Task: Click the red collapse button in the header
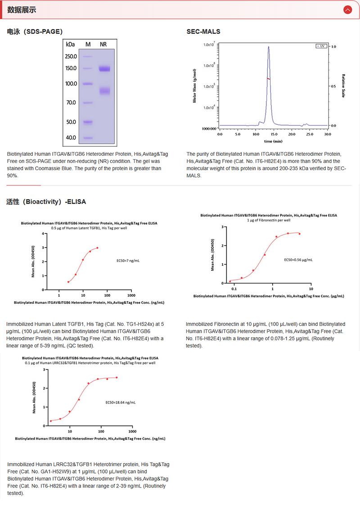point(347,9)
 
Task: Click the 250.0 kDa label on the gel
point(71,57)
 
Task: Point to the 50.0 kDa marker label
point(71,122)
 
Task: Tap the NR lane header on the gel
point(103,44)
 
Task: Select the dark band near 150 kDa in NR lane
point(104,69)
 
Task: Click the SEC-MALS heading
point(203,32)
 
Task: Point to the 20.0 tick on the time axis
point(291,134)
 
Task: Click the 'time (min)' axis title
point(273,141)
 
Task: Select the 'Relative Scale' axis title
point(343,86)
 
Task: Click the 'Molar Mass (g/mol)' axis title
point(194,86)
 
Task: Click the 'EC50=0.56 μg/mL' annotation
point(298,260)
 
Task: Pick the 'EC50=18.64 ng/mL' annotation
point(120,402)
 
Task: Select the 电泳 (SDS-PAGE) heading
point(35,32)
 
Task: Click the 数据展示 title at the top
point(22,9)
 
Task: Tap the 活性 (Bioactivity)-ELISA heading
point(46,202)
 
